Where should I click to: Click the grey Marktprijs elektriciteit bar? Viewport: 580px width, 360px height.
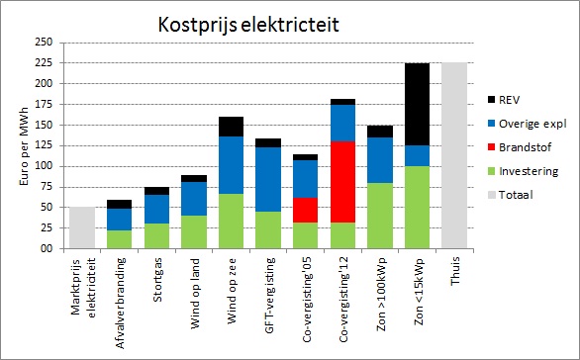pyautogui.click(x=82, y=227)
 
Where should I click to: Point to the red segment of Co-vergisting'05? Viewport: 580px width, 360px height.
pyautogui.click(x=305, y=210)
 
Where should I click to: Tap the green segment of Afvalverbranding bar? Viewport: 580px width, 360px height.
pyautogui.click(x=120, y=239)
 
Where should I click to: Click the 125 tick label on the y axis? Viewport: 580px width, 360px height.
pyautogui.click(x=43, y=145)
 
